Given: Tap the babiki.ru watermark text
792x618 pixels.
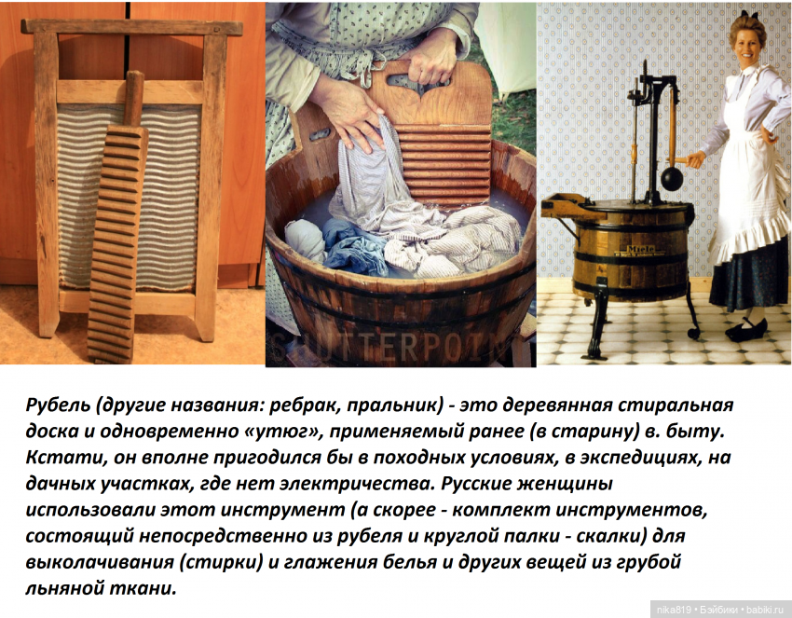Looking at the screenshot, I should [x=767, y=609].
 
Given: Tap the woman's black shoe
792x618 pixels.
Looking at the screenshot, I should [x=745, y=330].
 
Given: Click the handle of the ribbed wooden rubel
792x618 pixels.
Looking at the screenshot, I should [x=133, y=98].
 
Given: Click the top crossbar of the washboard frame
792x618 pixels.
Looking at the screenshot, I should [x=131, y=28].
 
